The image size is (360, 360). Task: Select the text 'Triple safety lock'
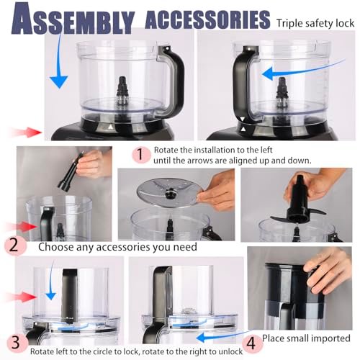(315, 22)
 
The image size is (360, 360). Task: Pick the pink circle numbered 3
(14, 341)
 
